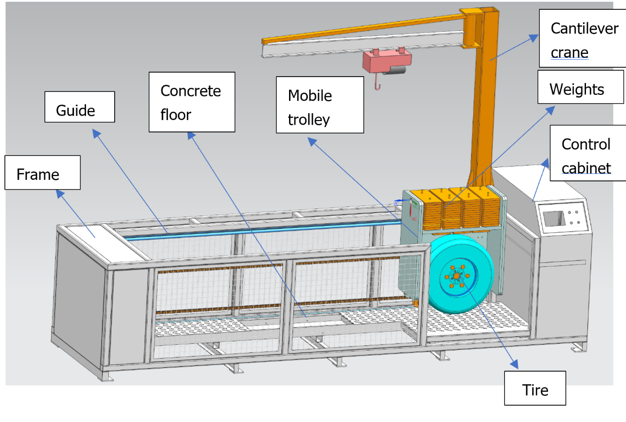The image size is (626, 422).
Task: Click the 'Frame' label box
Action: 42,172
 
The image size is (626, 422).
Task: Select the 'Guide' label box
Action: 80,107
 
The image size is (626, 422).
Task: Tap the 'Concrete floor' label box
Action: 192,102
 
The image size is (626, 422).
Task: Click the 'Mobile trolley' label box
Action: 320,105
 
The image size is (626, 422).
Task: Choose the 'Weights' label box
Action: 581,87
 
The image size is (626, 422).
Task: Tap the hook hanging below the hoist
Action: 378,84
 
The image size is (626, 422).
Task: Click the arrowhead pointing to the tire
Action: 514,364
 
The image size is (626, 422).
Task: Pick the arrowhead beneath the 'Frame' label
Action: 60,194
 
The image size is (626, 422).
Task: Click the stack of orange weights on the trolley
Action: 455,208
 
